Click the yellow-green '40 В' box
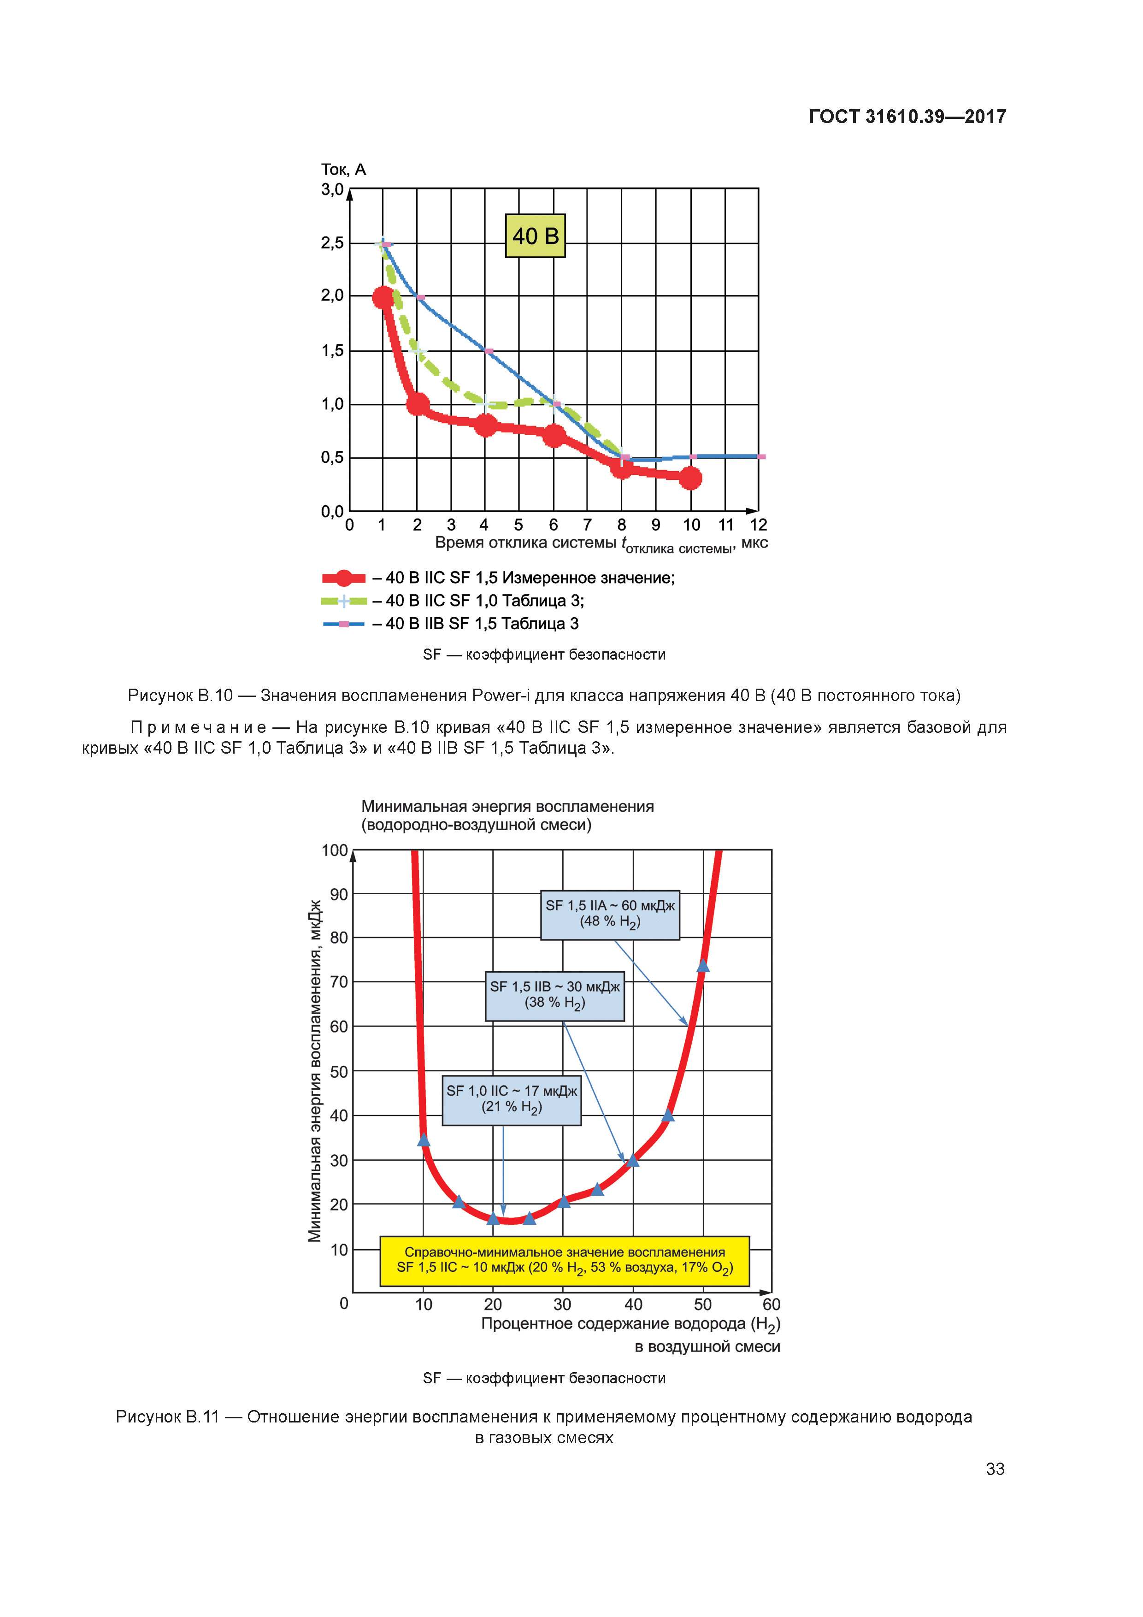pos(535,236)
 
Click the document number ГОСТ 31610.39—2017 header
pos(907,117)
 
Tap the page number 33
pos(995,1469)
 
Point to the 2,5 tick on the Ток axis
pos(332,243)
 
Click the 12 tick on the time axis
pos(758,525)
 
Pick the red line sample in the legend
pos(344,578)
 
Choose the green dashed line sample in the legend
pos(344,601)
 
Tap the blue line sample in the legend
pos(344,624)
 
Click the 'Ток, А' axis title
pos(344,170)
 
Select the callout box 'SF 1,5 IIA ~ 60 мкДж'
pos(610,914)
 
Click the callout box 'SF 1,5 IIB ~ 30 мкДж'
pos(554,995)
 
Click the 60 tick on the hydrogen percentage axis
pos(771,1304)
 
